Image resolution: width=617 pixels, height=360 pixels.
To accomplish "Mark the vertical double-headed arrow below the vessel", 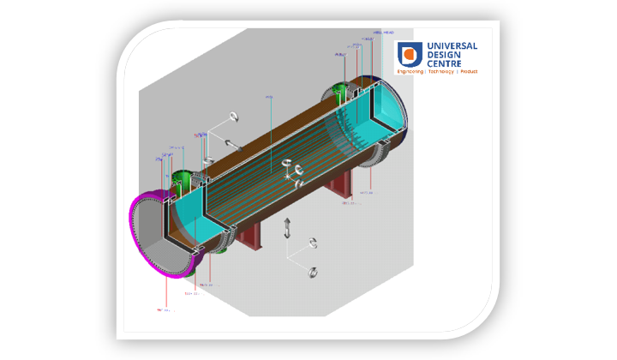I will pos(288,227).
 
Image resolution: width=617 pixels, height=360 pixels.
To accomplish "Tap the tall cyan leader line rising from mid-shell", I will pos(271,129).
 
